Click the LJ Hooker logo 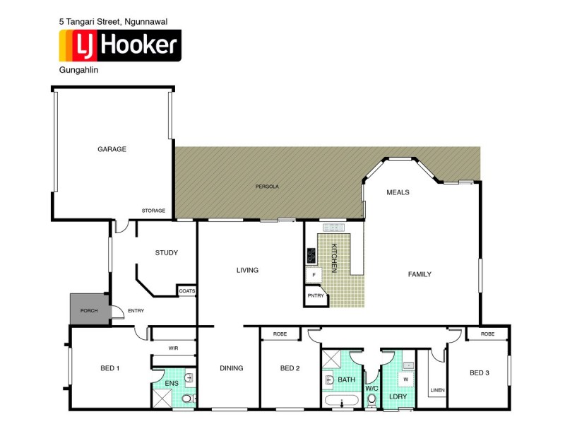(x=120, y=46)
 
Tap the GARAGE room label (x=112, y=149)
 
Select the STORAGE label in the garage (x=153, y=211)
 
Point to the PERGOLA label (x=267, y=187)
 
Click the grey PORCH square (x=88, y=310)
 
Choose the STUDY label (x=166, y=252)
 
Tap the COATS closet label (x=187, y=290)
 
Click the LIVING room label (x=247, y=270)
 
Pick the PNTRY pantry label (x=316, y=296)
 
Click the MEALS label (x=398, y=192)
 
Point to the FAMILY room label (x=420, y=274)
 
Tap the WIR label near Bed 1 (x=173, y=348)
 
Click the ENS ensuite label (x=172, y=383)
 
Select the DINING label (x=231, y=367)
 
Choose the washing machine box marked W (x=405, y=379)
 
